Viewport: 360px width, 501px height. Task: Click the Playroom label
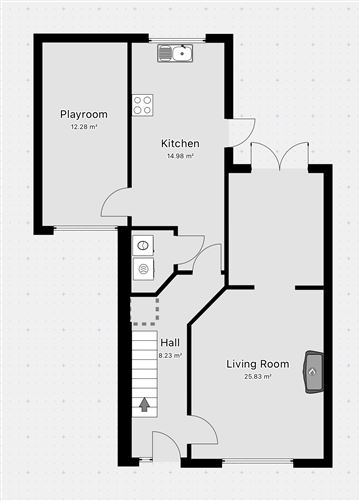(x=84, y=115)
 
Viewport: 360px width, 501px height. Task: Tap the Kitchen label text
(x=180, y=144)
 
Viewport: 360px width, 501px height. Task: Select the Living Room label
(x=258, y=364)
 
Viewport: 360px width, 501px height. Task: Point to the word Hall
(x=170, y=343)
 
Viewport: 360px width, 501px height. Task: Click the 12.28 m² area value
(x=84, y=127)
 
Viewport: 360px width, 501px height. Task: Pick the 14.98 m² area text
(x=180, y=156)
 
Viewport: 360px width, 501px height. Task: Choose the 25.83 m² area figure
(x=258, y=377)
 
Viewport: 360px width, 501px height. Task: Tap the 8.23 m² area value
(x=170, y=355)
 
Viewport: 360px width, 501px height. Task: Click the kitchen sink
(x=175, y=53)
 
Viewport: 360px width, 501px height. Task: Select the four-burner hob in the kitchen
(x=143, y=105)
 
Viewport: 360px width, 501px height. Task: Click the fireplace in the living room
(x=313, y=372)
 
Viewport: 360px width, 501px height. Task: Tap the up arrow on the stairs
(x=144, y=405)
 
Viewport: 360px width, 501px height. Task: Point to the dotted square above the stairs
(x=144, y=312)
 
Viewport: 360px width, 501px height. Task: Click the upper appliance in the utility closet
(x=143, y=246)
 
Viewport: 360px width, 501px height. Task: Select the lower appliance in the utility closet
(x=143, y=269)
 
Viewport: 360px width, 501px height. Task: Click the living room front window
(x=258, y=461)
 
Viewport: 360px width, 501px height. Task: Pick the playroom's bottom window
(x=86, y=228)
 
